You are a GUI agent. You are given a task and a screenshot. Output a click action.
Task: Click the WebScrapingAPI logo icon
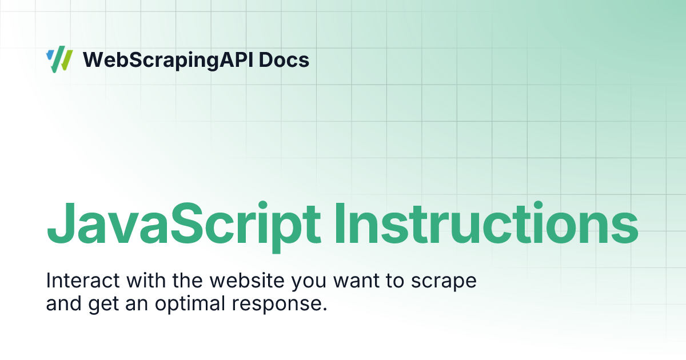59,60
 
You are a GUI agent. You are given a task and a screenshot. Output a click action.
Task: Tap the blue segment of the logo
50,55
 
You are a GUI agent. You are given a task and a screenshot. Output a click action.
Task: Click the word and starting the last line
64,303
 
